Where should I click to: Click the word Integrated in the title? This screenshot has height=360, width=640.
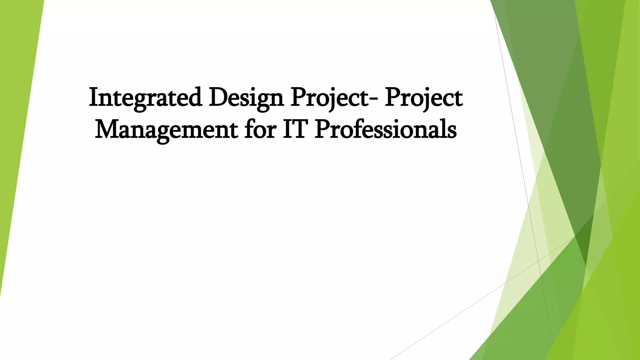click(x=145, y=98)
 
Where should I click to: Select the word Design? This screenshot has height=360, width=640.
click(x=246, y=98)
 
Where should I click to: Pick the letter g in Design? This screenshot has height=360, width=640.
click(x=263, y=102)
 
